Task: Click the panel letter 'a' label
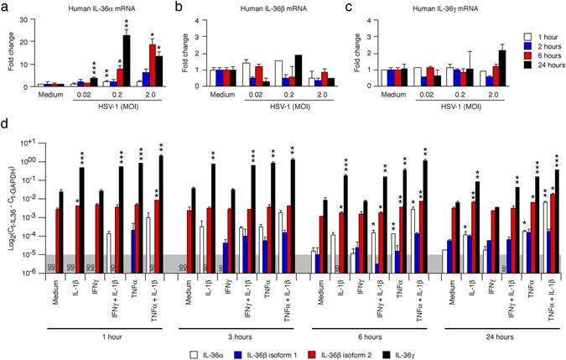[6, 7]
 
